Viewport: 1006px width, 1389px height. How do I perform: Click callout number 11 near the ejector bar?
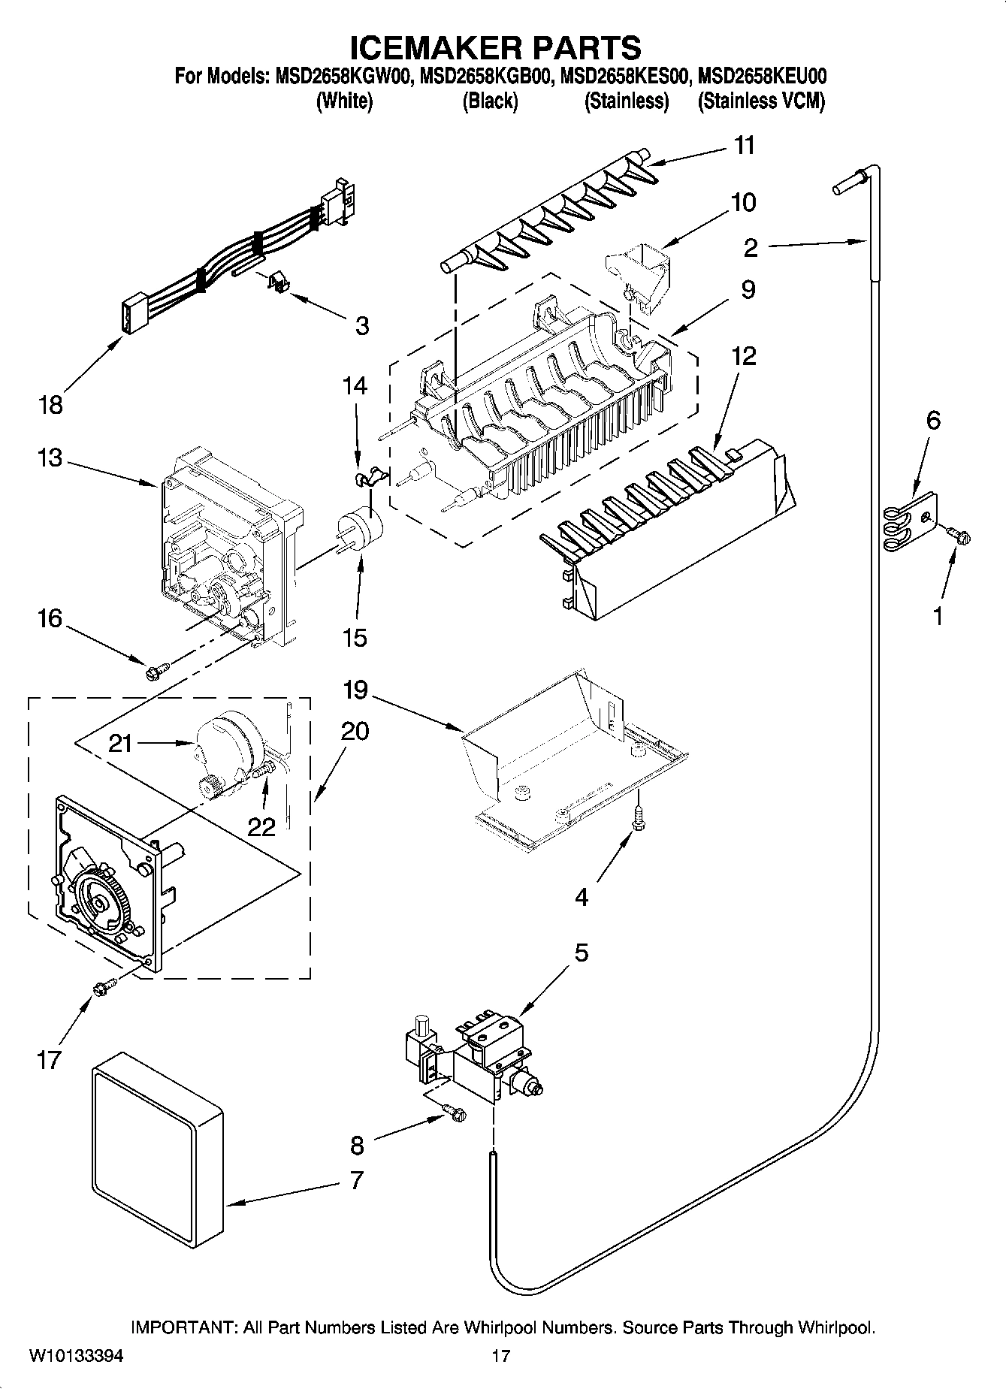tap(744, 145)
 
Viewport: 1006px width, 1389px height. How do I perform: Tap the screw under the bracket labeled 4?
tap(638, 819)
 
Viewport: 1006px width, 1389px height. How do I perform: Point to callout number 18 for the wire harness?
tap(50, 406)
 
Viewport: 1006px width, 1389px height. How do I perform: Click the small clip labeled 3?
tap(278, 282)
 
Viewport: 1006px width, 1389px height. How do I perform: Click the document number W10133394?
tap(76, 1357)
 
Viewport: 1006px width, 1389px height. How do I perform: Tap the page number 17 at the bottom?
tap(501, 1357)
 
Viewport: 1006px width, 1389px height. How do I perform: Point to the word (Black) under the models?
tap(490, 101)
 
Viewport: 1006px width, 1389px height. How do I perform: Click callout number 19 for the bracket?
tap(356, 689)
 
